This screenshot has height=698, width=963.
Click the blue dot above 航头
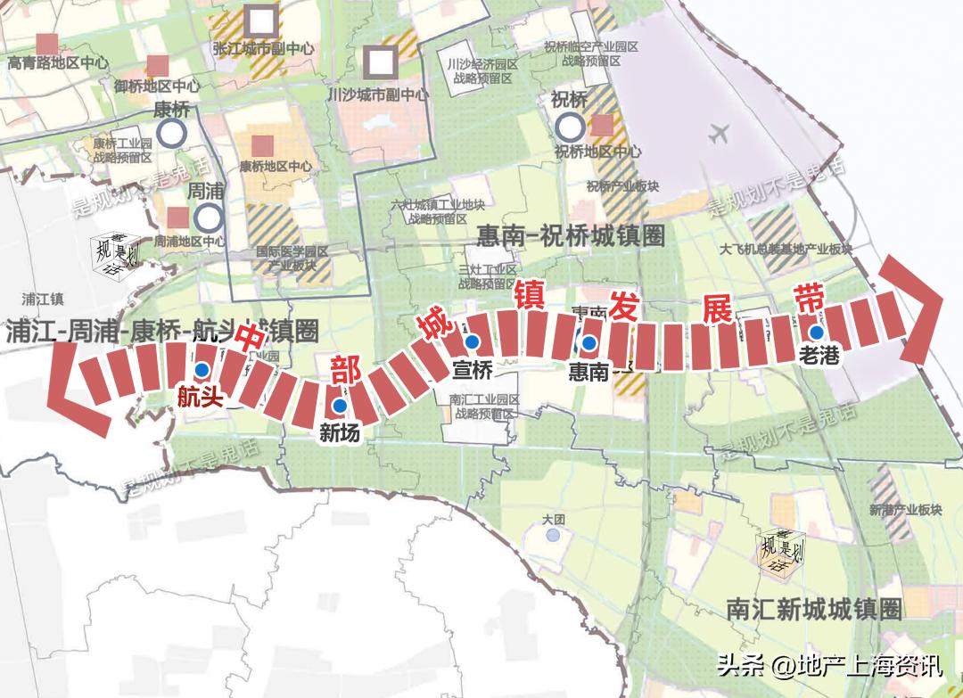(202, 370)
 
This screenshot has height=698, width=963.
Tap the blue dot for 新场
(339, 406)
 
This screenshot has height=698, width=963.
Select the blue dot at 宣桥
(473, 341)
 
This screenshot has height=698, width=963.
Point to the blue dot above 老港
(817, 332)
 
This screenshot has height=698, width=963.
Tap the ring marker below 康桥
(171, 134)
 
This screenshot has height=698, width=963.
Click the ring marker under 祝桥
(569, 126)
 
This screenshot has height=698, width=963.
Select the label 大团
(554, 518)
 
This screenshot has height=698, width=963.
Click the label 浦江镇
(44, 299)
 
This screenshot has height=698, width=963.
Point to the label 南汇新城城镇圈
(813, 610)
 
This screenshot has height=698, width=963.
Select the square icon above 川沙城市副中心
(382, 61)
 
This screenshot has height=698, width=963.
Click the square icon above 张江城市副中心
(261, 18)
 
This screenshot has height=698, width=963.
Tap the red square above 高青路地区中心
(46, 43)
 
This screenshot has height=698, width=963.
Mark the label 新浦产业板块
(904, 510)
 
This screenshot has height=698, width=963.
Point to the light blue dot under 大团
(554, 535)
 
